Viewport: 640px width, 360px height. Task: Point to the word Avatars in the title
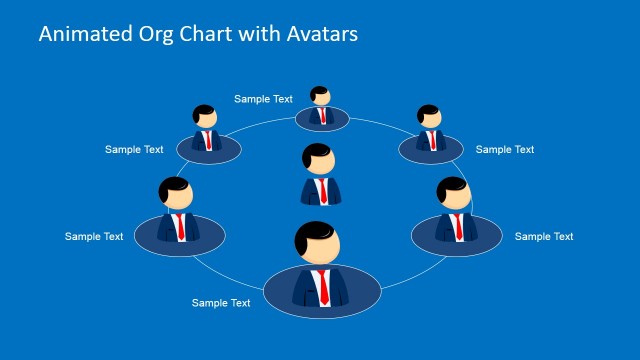point(319,33)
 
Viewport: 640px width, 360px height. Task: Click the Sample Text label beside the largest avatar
point(221,302)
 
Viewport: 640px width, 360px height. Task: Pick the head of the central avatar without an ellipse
point(320,162)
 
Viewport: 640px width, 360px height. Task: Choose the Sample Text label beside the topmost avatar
point(263,99)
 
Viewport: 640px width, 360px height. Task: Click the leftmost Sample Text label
point(94,237)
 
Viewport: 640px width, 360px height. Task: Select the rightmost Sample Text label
point(544,237)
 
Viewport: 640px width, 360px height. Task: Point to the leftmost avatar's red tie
point(181,225)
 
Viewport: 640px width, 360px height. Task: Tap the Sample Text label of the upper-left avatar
point(134,150)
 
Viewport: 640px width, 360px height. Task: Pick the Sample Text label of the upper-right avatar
point(505,150)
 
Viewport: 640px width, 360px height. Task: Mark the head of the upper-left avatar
point(205,116)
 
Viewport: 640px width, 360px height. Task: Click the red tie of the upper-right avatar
point(432,139)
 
